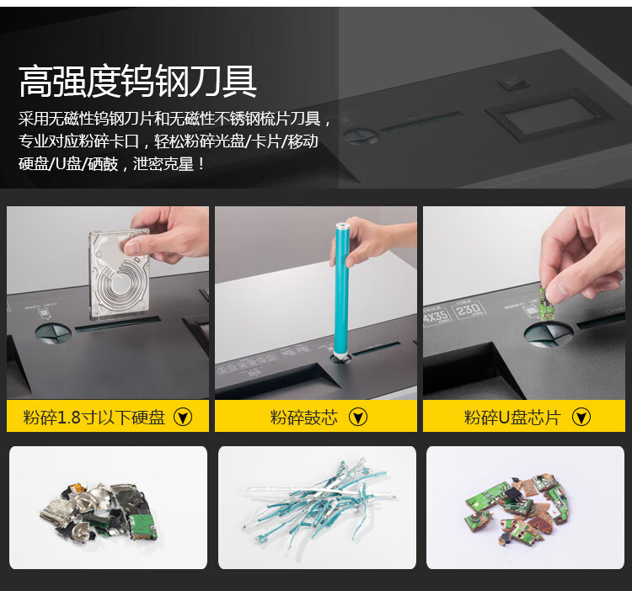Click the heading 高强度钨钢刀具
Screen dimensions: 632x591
click(137, 81)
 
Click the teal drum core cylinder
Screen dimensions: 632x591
click(341, 289)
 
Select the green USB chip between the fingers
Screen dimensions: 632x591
click(545, 302)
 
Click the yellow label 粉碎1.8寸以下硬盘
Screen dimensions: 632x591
click(94, 417)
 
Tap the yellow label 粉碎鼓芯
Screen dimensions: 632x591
click(304, 417)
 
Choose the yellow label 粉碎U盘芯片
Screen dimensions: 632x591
click(512, 417)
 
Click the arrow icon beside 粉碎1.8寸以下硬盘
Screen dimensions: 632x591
click(183, 417)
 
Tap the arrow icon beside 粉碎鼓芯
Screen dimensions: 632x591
click(358, 417)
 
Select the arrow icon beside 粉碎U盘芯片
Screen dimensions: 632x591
click(581, 417)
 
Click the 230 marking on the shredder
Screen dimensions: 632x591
click(469, 310)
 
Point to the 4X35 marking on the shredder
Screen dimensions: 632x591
click(437, 317)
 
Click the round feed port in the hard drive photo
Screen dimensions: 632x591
click(53, 333)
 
